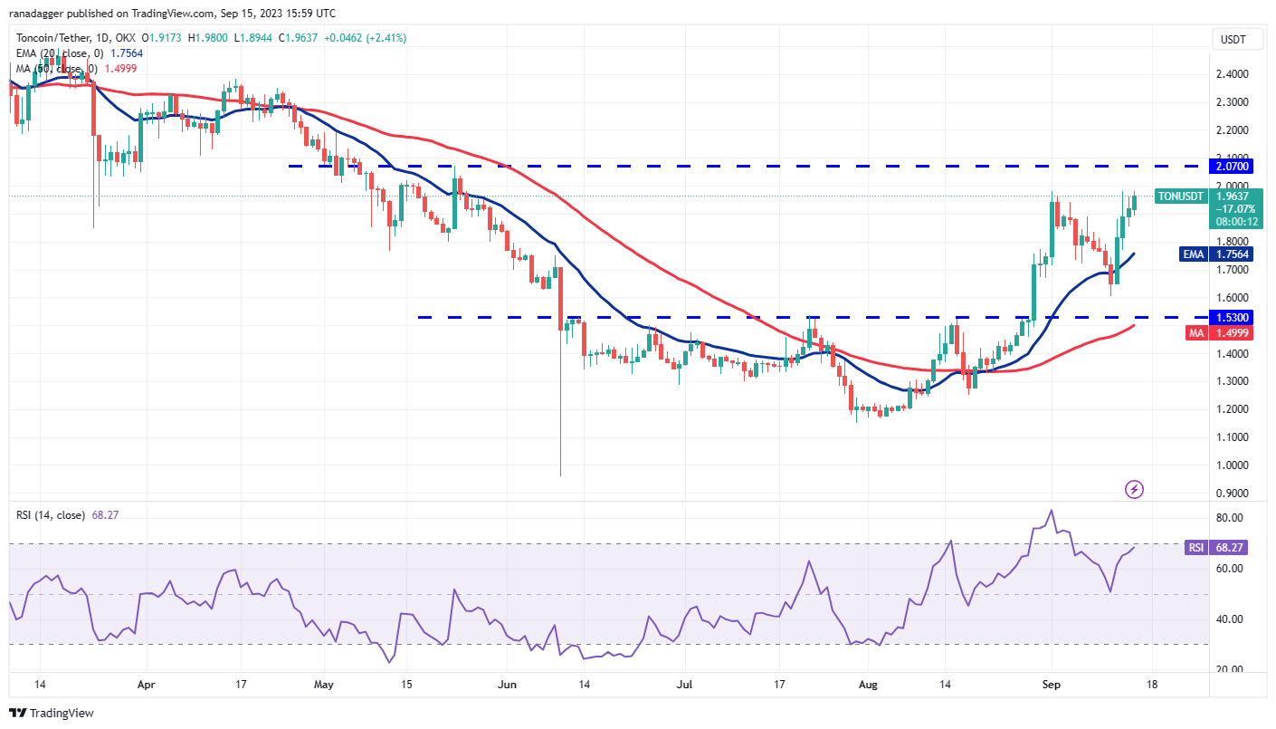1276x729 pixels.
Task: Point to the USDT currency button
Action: coord(1232,39)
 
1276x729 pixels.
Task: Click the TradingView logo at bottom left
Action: coord(52,713)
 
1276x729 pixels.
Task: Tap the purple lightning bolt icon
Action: coord(1134,490)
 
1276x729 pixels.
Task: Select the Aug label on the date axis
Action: coord(867,686)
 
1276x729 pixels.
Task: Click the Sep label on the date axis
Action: coord(1050,686)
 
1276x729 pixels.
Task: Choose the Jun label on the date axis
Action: coord(507,686)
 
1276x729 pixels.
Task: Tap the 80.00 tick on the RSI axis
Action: coord(1230,518)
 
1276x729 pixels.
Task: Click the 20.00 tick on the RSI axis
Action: coord(1230,670)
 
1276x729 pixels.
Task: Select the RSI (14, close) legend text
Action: coord(51,515)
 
